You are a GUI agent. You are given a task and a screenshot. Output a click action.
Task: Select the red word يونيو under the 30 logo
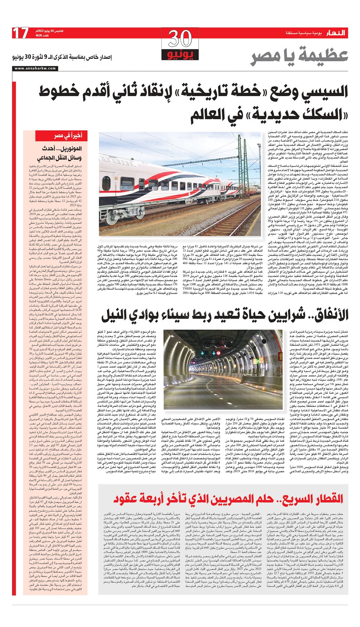click(180, 55)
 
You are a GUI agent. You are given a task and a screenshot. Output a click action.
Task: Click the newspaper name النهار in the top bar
click(336, 33)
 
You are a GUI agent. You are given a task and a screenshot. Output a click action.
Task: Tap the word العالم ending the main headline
click(211, 115)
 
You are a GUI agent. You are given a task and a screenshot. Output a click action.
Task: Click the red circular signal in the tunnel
click(218, 353)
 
